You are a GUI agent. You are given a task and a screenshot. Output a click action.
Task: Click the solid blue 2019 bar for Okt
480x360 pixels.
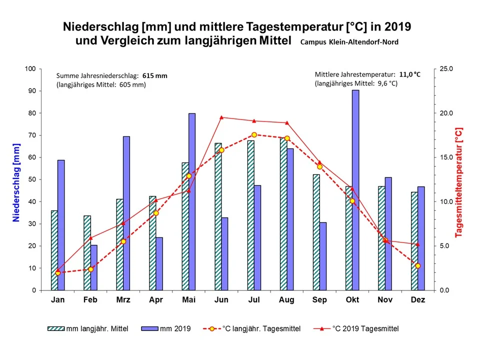point(355,190)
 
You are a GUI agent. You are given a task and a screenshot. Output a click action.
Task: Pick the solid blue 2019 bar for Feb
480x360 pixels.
point(94,267)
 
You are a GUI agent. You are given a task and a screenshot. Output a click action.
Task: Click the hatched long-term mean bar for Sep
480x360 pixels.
point(316,232)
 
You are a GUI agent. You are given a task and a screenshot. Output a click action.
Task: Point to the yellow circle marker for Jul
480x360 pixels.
point(254,135)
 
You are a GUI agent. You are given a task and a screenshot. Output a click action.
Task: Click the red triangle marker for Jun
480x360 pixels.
point(221,117)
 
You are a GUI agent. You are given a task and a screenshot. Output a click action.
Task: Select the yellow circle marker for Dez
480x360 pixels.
point(418,265)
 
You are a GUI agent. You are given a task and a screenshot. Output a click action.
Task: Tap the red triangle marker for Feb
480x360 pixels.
point(90,238)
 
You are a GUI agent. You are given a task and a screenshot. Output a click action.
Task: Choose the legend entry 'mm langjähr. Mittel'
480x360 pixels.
point(88,328)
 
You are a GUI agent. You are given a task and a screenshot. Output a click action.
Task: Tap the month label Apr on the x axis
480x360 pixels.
point(156,300)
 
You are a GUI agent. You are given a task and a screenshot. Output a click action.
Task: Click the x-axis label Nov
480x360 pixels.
point(385,300)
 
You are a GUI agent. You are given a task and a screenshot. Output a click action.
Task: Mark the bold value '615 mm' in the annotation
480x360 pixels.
point(154,76)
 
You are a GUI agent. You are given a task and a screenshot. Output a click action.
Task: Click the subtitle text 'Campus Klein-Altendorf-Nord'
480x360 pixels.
point(349,42)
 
